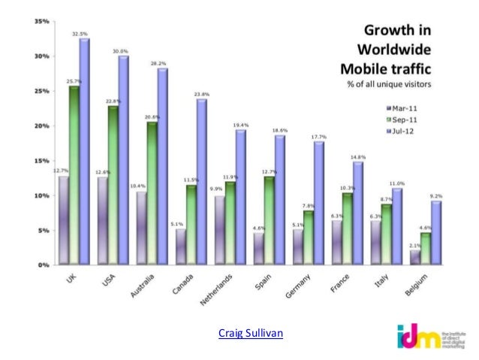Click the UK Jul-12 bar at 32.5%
pyautogui.click(x=84, y=150)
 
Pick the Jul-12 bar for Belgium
pyautogui.click(x=436, y=233)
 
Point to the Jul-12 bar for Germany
pyautogui.click(x=320, y=203)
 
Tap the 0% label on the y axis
pyautogui.click(x=44, y=265)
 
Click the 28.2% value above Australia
pyautogui.click(x=158, y=64)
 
